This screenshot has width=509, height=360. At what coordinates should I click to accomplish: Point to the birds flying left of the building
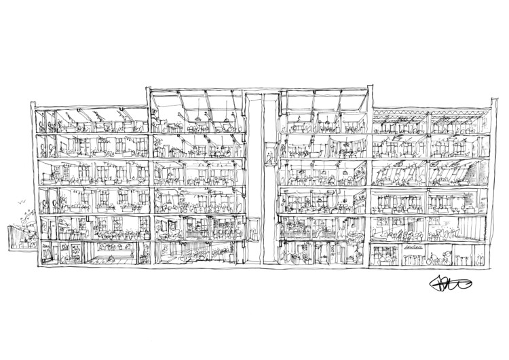pyautogui.click(x=20, y=202)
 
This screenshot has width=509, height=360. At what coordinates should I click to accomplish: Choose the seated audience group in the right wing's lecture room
pyautogui.click(x=400, y=234)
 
